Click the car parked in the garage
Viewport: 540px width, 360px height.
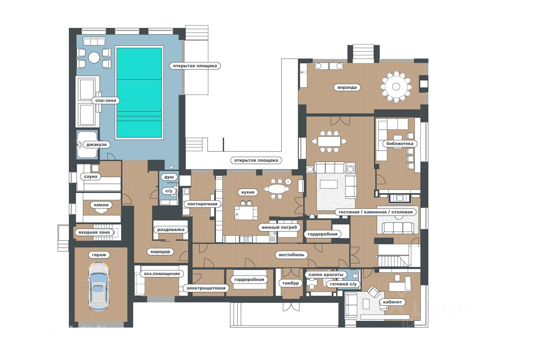[x=99, y=287]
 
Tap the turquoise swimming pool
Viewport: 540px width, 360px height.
[x=139, y=93]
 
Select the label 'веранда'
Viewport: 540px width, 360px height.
[x=347, y=87]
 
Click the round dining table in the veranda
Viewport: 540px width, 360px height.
[x=396, y=86]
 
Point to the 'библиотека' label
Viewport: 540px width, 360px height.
[x=400, y=144]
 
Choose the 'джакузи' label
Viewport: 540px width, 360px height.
[x=96, y=145]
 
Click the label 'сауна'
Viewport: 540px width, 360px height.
[x=90, y=176]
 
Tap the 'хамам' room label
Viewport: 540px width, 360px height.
[x=101, y=205]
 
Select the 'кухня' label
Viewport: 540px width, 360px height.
[x=247, y=192]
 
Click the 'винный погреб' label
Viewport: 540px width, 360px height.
[x=279, y=227]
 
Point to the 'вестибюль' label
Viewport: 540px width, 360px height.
[x=292, y=255]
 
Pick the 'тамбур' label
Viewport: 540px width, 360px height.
[x=291, y=283]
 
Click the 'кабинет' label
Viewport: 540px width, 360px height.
[x=392, y=302]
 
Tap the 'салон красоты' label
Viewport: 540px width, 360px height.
[x=326, y=274]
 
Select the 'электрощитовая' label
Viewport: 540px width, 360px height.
[x=206, y=288]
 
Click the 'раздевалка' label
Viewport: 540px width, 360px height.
[x=171, y=229]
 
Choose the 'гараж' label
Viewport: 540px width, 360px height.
[x=99, y=255]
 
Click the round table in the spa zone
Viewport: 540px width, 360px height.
[x=94, y=58]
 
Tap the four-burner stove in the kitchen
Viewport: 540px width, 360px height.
[x=246, y=239]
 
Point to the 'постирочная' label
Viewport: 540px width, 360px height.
[x=202, y=204]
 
